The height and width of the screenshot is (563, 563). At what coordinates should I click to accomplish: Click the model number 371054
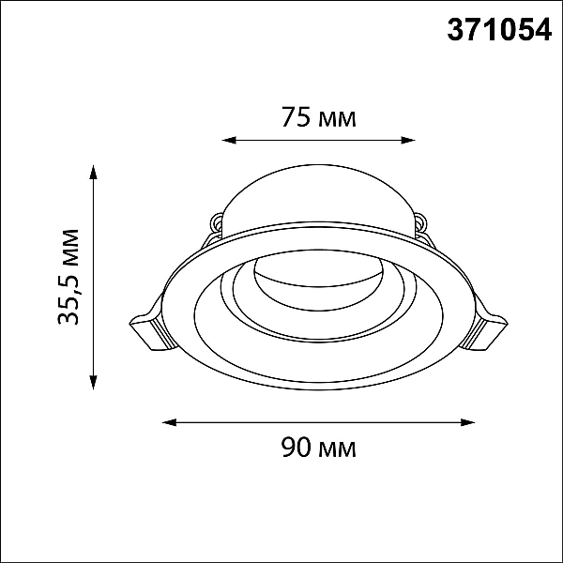pyautogui.click(x=499, y=30)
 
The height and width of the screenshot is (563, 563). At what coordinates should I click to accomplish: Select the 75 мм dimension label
pyautogui.click(x=319, y=116)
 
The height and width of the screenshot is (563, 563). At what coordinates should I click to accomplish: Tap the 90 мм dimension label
pyautogui.click(x=319, y=447)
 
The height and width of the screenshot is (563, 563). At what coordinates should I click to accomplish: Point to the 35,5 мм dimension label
pyautogui.click(x=68, y=277)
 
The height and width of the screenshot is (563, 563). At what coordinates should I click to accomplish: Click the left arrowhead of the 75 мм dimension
pyautogui.click(x=229, y=140)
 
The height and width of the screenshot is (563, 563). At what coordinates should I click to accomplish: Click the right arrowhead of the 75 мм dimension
pyautogui.click(x=408, y=140)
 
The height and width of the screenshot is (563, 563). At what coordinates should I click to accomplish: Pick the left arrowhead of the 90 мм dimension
pyautogui.click(x=170, y=422)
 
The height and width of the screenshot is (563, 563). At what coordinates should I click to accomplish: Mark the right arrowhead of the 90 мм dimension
pyautogui.click(x=468, y=422)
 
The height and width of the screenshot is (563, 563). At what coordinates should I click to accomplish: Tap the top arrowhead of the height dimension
pyautogui.click(x=93, y=172)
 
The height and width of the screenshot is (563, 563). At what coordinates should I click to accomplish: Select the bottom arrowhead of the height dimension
pyautogui.click(x=93, y=382)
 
